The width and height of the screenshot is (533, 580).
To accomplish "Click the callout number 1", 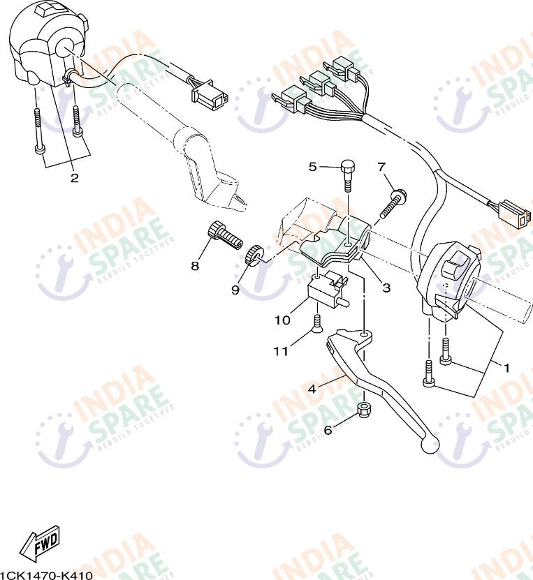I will click(x=506, y=366).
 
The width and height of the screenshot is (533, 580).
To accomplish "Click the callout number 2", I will click(x=74, y=178).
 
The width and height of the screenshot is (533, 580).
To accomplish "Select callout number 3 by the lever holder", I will click(x=386, y=287).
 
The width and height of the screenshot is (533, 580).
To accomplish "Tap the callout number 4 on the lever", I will click(x=312, y=389).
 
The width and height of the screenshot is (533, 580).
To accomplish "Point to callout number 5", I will click(x=313, y=166).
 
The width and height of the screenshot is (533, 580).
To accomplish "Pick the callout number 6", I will click(x=328, y=431).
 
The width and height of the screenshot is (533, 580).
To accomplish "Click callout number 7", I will click(x=381, y=166).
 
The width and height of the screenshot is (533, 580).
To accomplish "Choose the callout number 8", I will click(x=195, y=266).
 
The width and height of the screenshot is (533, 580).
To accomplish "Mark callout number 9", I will click(x=235, y=289).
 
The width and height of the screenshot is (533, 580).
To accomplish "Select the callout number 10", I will click(x=282, y=320).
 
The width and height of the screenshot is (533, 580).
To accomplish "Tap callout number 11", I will click(x=280, y=352).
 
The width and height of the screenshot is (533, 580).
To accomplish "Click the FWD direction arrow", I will click(x=40, y=543).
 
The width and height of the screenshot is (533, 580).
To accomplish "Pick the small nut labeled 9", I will click(x=256, y=255).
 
